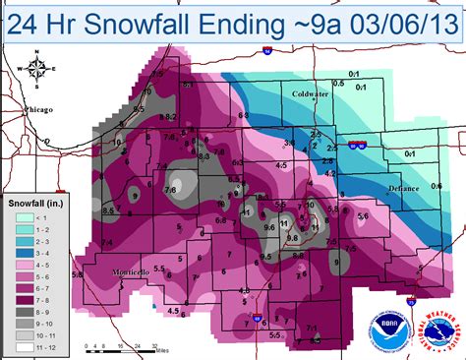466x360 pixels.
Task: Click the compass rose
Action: click(38, 70)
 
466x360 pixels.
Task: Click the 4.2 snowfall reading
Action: click(331, 173)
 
